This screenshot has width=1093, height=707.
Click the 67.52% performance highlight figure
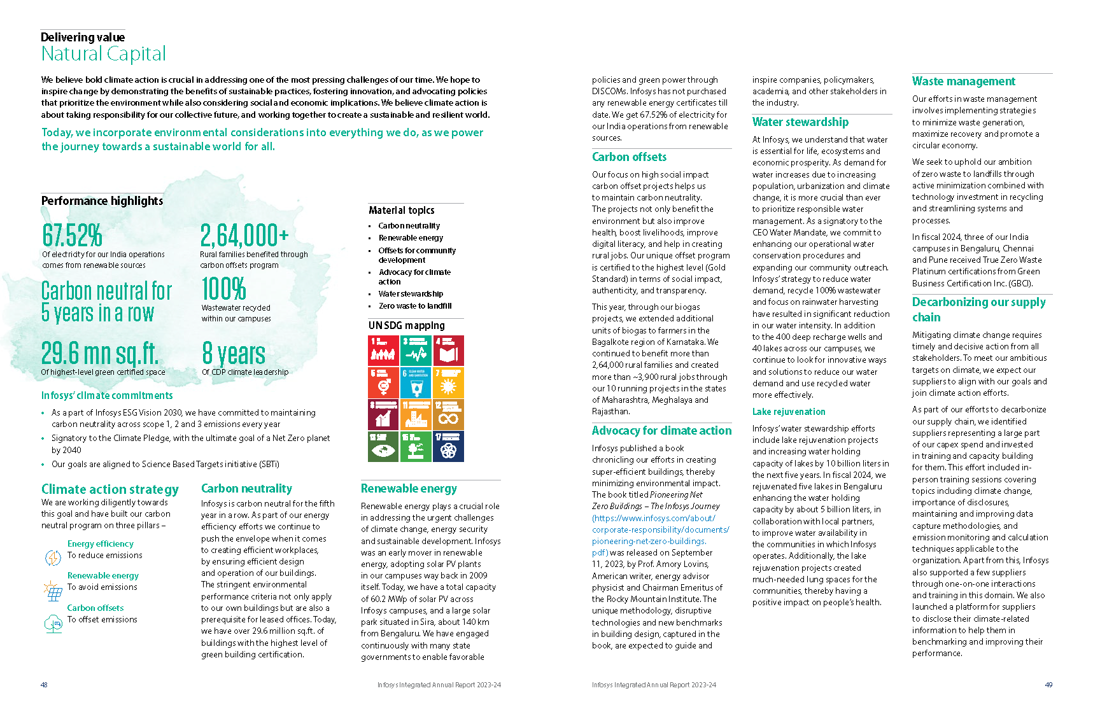(x=72, y=235)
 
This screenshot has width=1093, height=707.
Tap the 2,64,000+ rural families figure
(x=244, y=235)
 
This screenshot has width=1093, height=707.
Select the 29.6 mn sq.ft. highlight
(x=99, y=353)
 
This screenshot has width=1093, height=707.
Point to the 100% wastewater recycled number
(x=223, y=289)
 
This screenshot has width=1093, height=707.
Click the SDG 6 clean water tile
(x=416, y=382)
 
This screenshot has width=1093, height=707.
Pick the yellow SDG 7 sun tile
(x=448, y=382)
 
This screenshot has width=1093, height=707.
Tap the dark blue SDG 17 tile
(x=448, y=446)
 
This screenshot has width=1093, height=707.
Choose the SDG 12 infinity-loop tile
(x=448, y=414)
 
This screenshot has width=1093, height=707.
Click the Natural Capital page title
(x=103, y=53)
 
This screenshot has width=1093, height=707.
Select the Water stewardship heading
(x=800, y=122)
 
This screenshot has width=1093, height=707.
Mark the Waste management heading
(x=963, y=81)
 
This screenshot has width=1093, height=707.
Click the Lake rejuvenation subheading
(x=789, y=412)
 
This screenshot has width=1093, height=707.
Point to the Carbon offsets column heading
(x=629, y=157)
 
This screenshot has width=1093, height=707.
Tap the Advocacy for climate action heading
(x=661, y=431)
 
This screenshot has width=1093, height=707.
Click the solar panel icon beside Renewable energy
(x=53, y=591)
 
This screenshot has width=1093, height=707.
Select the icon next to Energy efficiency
(x=53, y=557)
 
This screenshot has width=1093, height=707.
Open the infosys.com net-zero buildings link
(x=660, y=529)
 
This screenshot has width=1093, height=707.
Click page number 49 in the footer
(x=1048, y=685)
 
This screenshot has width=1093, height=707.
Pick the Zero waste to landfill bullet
(x=415, y=306)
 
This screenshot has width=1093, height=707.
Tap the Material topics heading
(x=401, y=211)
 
